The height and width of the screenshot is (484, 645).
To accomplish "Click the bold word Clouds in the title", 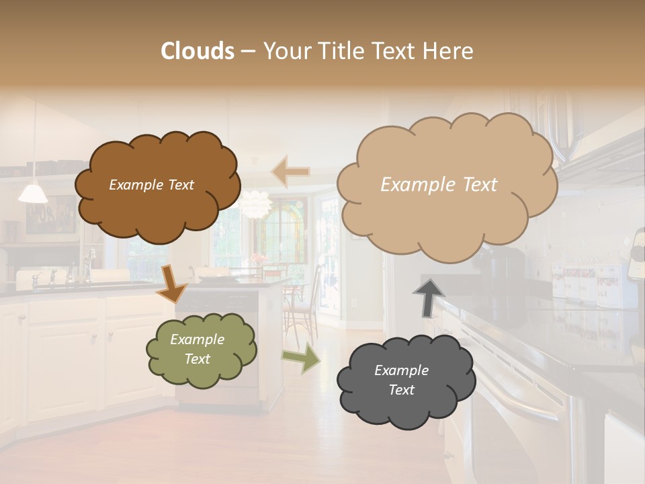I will click(198, 51).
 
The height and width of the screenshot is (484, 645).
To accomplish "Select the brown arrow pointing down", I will click(171, 282).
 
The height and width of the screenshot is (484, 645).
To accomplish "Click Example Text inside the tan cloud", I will click(439, 185).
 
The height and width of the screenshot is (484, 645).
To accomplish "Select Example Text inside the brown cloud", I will click(151, 185).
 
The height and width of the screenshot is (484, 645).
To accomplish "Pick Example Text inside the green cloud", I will click(197, 349).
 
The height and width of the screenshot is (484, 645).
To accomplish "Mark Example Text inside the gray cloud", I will click(401, 380).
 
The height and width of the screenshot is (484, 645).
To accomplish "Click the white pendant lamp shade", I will click(33, 194).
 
